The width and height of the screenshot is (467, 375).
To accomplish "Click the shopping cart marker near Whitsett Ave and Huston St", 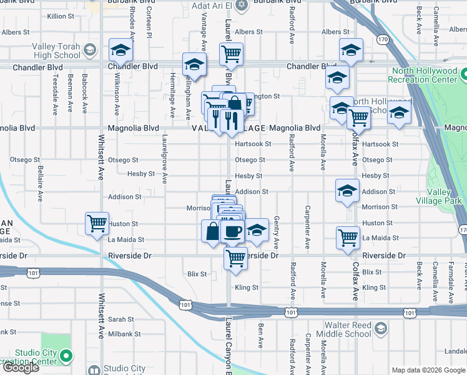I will tap(97, 223).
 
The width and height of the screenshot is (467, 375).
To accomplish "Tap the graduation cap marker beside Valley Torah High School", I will tap(121, 50).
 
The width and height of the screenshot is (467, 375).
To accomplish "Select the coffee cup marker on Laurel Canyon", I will tap(232, 231).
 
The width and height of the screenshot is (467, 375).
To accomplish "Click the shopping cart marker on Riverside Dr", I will tap(235, 257).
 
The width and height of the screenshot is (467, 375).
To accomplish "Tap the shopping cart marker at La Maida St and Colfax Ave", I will tap(348, 237).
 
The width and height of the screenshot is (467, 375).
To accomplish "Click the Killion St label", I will tap(60, 15).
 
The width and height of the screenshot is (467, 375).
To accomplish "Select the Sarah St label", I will tap(121, 319).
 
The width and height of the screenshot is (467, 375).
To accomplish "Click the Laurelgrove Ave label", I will tap(165, 160).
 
